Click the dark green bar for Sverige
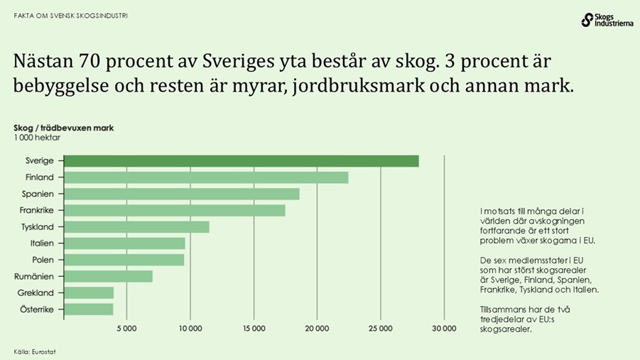[242, 161]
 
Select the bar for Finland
[206, 178]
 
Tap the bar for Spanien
[182, 194]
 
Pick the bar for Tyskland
[136, 227]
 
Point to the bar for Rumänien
[108, 276]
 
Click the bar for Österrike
[89, 309]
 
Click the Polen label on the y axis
[43, 260]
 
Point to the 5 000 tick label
[126, 328]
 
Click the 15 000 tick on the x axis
[254, 328]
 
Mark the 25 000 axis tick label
[380, 328]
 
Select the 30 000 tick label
[444, 328]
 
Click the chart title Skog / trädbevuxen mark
[63, 129]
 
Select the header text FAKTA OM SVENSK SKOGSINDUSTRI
[71, 15]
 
